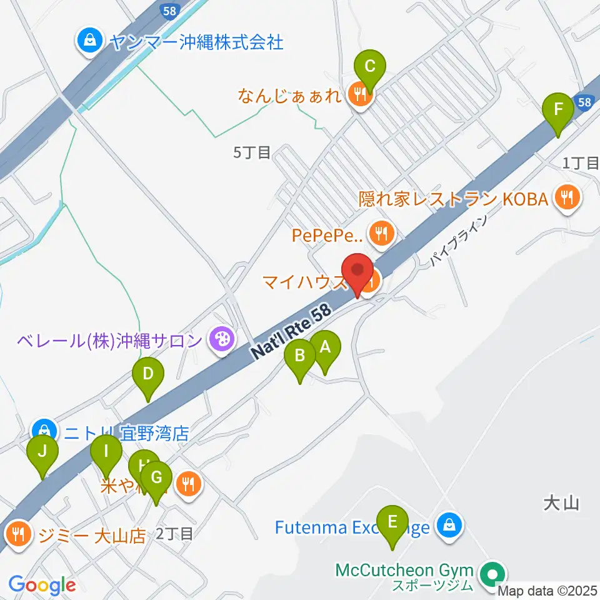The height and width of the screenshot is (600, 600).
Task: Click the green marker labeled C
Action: [x=370, y=66]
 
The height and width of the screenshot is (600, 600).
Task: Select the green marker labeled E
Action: [x=392, y=522]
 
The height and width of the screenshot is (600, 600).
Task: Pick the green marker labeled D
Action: [x=148, y=375]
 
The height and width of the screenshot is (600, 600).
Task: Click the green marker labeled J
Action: [x=42, y=451]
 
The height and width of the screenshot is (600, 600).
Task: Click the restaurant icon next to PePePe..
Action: [x=380, y=234]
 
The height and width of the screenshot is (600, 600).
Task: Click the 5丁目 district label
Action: [x=252, y=152]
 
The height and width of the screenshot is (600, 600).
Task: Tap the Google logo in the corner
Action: [x=42, y=585]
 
